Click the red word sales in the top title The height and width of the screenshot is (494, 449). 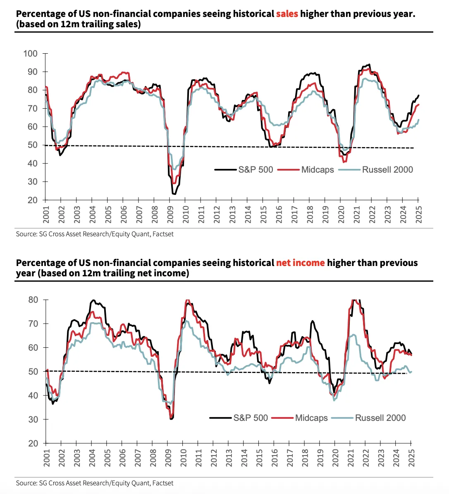point(287,14)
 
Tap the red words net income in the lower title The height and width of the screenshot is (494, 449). point(301,263)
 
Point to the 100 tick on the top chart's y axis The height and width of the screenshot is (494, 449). point(31,53)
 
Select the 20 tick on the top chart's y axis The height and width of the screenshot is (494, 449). point(33,200)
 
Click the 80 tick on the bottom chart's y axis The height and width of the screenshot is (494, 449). point(33,300)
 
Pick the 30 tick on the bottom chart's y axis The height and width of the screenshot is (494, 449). point(33,419)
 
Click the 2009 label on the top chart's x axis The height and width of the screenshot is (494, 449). point(170,215)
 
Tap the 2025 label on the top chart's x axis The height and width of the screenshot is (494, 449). point(419,215)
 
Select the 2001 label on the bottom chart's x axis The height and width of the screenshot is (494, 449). point(46,458)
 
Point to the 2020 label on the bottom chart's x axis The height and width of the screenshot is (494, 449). point(335,458)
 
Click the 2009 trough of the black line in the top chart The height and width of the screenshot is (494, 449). point(174,194)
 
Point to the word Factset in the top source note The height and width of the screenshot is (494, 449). point(163,234)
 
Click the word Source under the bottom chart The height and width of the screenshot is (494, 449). point(26,482)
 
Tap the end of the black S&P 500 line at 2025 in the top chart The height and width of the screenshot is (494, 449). point(418,95)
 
